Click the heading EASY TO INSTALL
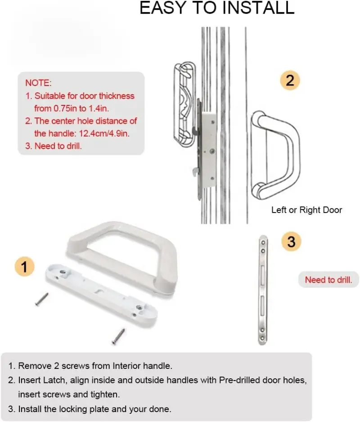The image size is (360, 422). tap(217, 9)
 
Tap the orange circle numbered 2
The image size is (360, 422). tap(290, 81)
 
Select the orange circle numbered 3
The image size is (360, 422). tap(291, 242)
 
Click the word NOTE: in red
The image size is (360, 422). tap(38, 83)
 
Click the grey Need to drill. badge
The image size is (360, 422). tap(328, 280)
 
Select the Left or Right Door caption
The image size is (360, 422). tap(306, 210)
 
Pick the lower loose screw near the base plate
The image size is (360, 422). tap(119, 334)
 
